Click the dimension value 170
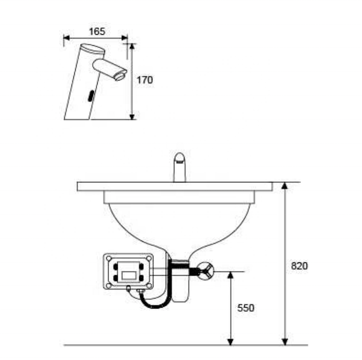point(145,80)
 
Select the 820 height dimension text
point(300,266)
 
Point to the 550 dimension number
point(246,308)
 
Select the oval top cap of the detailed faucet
point(93,49)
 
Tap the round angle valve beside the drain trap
point(206,271)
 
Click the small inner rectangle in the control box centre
point(129,275)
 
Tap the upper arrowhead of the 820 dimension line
point(285,186)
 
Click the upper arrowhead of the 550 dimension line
point(231,275)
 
